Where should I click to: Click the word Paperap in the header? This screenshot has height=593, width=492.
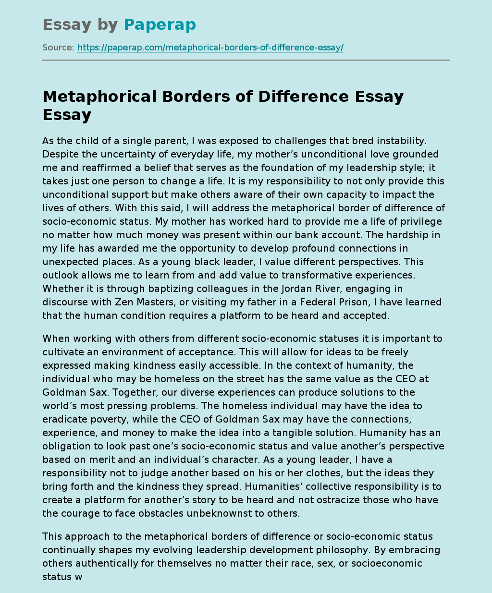tap(160, 24)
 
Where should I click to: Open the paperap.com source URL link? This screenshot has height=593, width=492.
tap(210, 48)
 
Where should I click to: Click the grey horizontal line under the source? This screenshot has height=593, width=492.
tap(246, 60)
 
